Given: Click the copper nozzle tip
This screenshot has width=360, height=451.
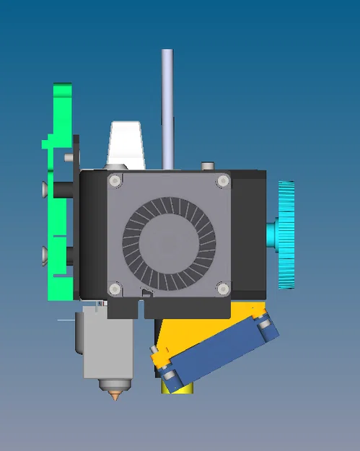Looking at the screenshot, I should (116, 396).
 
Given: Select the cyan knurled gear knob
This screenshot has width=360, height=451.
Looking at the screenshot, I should (286, 235).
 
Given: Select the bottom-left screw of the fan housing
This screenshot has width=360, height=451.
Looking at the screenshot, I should (115, 289).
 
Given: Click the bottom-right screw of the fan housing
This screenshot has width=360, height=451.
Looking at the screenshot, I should (223, 289).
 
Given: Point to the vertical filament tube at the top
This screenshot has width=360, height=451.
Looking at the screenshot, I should (167, 101).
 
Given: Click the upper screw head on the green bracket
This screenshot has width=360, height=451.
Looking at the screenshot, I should (45, 189).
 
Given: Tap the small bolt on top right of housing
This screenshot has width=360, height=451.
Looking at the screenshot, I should (208, 167).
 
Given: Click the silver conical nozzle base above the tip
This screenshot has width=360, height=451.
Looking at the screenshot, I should (116, 386).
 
